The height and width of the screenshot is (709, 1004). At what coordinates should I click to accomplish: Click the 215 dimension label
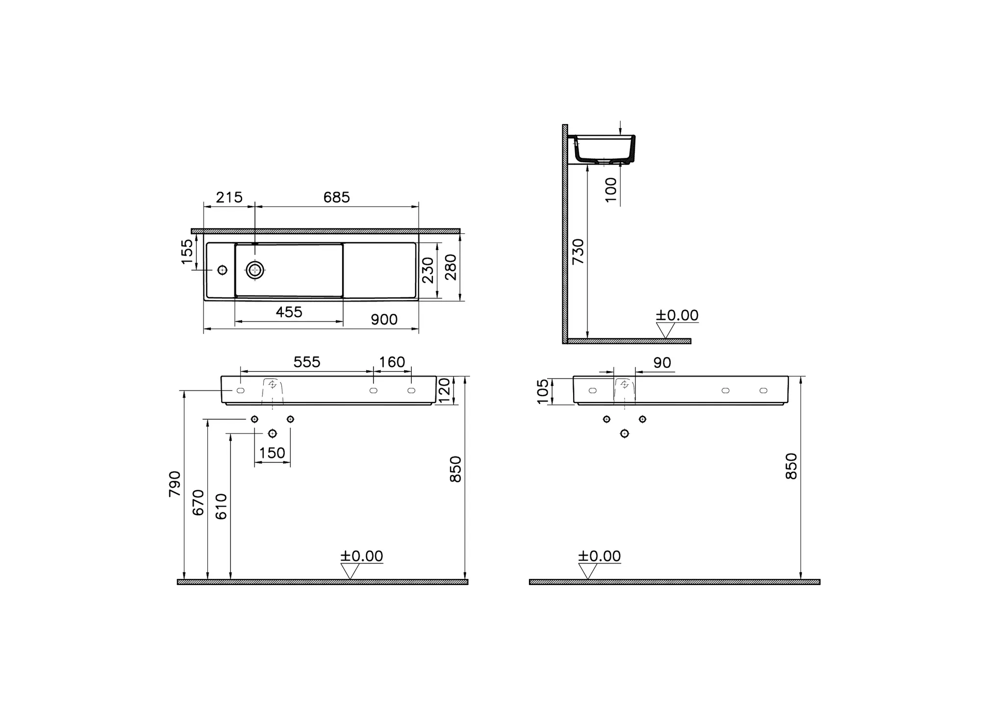click(x=229, y=197)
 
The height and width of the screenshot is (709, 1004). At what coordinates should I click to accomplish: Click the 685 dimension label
click(x=337, y=197)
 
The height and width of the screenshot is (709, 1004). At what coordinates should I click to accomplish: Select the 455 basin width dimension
click(x=289, y=312)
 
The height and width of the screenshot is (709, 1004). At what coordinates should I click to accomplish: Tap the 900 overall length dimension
click(x=384, y=320)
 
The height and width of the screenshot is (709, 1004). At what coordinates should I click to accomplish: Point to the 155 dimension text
click(x=187, y=252)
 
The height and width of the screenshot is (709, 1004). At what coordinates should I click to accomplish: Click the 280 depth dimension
click(x=451, y=267)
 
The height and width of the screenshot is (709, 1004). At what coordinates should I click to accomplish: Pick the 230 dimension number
click(x=428, y=270)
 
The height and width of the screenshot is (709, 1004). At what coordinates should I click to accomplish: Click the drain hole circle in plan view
click(x=255, y=270)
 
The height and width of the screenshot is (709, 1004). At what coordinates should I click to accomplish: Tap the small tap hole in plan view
click(x=222, y=270)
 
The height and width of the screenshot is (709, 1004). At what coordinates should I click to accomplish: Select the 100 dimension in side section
click(x=611, y=190)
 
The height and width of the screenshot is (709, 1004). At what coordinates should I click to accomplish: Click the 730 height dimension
click(x=578, y=252)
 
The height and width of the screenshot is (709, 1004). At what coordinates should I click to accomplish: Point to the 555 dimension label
click(x=307, y=362)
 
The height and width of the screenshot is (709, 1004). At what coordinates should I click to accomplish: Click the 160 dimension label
click(x=392, y=362)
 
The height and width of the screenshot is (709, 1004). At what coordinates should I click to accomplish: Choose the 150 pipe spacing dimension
click(x=272, y=453)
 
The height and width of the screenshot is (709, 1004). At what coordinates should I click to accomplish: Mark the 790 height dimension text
click(x=175, y=484)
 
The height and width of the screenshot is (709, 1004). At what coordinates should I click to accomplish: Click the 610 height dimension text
click(x=222, y=506)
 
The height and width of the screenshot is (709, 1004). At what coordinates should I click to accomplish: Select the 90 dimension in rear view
click(x=662, y=363)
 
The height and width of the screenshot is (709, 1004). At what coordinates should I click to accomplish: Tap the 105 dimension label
click(x=543, y=391)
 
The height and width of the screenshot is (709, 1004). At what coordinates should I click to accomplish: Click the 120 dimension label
click(x=444, y=390)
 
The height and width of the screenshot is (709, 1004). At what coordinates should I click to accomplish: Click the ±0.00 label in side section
click(x=677, y=315)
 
